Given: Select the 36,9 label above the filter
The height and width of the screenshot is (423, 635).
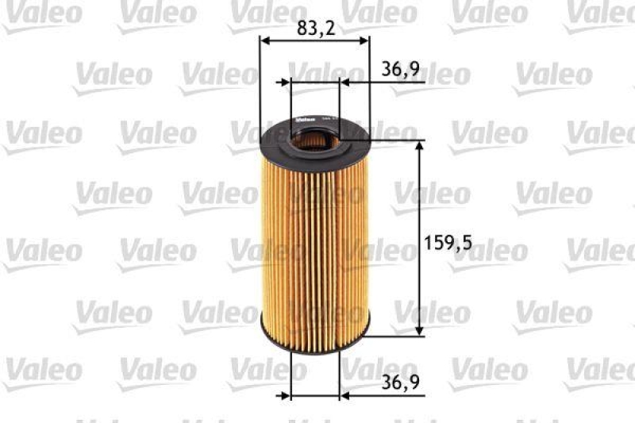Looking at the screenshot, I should (x=400, y=69).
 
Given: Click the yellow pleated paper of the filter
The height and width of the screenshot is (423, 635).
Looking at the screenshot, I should (x=315, y=238).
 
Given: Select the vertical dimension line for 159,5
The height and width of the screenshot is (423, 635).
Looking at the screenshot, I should (x=419, y=238).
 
